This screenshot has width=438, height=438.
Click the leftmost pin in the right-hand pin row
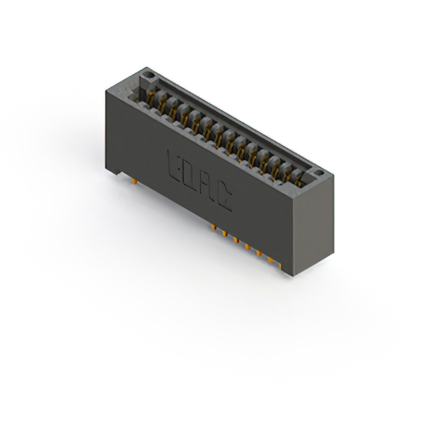(213, 226)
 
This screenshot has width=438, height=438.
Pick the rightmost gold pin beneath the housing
(281, 264)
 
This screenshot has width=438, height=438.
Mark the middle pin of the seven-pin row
(247, 245)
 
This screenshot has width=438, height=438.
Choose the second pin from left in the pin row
(224, 233)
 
